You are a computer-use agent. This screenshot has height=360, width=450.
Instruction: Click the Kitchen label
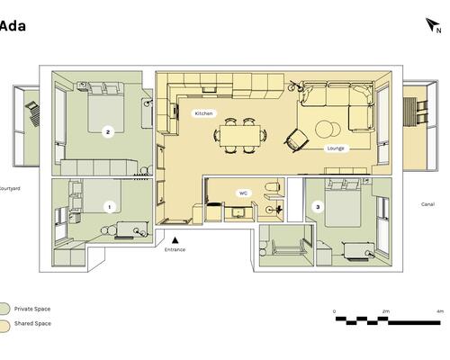point(203,113)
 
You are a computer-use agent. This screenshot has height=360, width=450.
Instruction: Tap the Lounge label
point(336,148)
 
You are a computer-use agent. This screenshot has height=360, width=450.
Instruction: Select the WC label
point(243,193)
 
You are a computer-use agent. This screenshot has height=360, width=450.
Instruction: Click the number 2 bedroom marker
point(108,131)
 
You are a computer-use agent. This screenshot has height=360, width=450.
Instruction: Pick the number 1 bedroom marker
point(110,207)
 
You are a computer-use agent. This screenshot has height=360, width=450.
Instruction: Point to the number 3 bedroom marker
point(318,207)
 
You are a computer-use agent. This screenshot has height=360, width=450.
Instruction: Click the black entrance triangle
point(175,240)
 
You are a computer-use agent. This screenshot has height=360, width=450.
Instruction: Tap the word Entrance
point(175,249)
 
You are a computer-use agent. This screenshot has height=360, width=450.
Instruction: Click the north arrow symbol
point(431,24)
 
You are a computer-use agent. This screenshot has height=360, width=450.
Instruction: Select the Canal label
point(427,204)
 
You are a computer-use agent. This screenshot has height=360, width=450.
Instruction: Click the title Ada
point(13,26)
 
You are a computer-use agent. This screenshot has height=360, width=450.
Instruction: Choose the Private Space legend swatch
point(4,309)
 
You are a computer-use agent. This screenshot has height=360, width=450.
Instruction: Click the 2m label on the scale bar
point(386,311)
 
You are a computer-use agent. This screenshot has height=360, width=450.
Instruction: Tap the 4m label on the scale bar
point(439,311)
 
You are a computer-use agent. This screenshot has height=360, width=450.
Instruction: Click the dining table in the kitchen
point(239,136)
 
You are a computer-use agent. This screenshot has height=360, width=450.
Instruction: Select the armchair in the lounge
point(297,140)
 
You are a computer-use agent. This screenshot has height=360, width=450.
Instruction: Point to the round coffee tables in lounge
point(328,130)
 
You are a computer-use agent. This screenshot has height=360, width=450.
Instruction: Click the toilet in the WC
point(273,186)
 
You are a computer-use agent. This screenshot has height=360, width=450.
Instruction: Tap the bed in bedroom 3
point(343,203)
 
